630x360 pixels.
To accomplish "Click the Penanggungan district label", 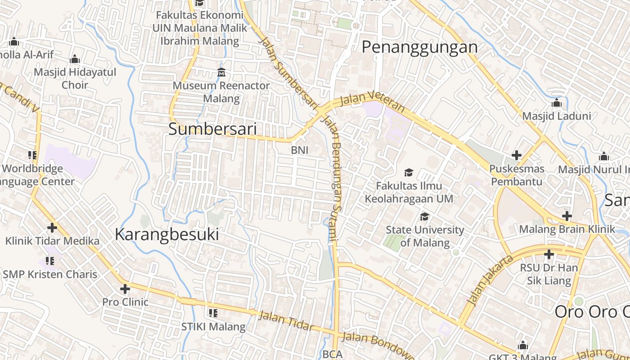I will click(419, 47).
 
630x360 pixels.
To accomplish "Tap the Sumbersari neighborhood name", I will click(212, 129).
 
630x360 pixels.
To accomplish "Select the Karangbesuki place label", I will click(167, 234).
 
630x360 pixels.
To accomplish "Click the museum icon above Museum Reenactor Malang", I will click(221, 72).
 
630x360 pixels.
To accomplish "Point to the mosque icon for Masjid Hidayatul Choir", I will click(75, 59).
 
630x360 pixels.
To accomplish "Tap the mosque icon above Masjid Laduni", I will click(557, 103).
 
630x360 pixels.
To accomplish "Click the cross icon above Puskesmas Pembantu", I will click(517, 156).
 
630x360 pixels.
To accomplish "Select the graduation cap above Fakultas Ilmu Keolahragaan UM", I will click(409, 172).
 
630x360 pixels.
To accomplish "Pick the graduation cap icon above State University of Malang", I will click(424, 217).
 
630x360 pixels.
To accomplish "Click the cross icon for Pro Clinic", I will click(125, 289).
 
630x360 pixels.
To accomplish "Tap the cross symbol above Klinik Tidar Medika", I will click(52, 228).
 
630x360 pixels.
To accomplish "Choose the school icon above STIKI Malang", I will click(213, 313).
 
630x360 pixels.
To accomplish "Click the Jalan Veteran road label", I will click(372, 100).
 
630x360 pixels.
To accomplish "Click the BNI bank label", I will click(300, 150).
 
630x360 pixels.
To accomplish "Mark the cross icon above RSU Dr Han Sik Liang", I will click(549, 255).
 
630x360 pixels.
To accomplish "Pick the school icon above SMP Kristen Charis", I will click(50, 261).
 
